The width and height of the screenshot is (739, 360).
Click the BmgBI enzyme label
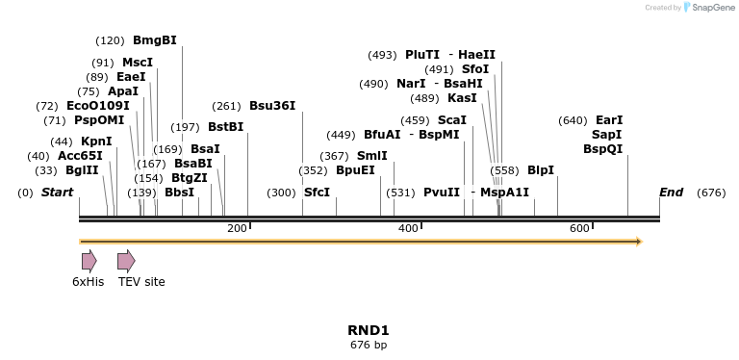coord(154,40)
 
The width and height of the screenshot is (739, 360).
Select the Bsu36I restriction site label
coord(272,105)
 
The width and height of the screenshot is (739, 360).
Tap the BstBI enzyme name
coord(225,127)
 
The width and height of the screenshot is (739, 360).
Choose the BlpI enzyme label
coord(540,170)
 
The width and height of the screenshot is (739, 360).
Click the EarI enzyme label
coord(609,120)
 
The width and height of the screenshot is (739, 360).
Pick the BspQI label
coord(602,149)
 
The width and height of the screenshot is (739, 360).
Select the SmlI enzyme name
coord(372,156)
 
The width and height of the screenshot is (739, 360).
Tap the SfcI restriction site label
coord(317,193)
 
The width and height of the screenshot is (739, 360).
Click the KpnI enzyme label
coord(96,141)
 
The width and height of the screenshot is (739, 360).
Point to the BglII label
coord(82,170)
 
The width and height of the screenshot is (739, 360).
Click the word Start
coord(57,193)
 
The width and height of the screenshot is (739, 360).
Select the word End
coord(671,193)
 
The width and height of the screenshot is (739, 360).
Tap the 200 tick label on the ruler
coord(237,228)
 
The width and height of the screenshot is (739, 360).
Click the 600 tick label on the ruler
coord(579,228)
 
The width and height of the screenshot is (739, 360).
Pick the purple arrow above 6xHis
coord(89,261)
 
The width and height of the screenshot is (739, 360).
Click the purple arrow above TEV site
coord(126,261)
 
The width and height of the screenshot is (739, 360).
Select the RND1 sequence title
coord(369,330)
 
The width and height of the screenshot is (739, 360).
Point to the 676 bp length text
coord(369,345)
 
